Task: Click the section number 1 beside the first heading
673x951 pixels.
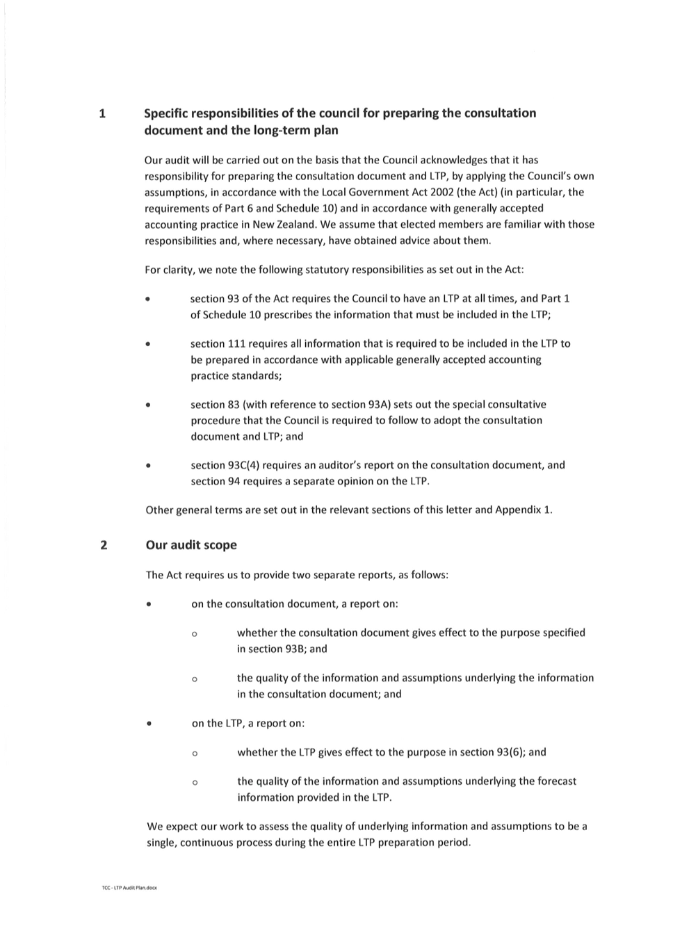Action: (x=102, y=114)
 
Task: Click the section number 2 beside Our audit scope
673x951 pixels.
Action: (x=104, y=545)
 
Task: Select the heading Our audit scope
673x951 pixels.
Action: (x=191, y=545)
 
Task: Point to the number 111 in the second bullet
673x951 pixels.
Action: (x=237, y=343)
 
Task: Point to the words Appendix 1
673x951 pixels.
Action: (x=524, y=510)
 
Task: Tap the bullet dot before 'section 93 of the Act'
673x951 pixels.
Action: (x=147, y=300)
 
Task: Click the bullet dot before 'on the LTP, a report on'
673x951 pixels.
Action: (x=149, y=724)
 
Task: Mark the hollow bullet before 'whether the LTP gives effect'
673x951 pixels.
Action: (x=195, y=754)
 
